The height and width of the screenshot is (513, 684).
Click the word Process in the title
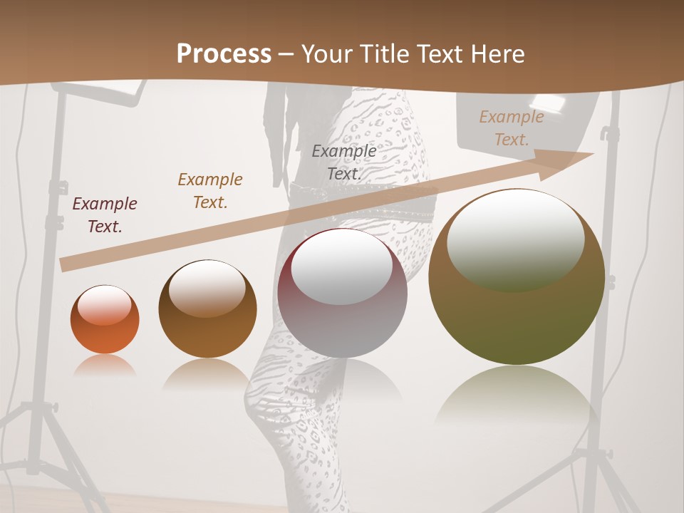224,54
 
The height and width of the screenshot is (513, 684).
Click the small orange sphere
105,320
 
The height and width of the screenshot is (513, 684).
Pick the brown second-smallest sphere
207,309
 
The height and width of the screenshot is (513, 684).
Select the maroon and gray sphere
343,294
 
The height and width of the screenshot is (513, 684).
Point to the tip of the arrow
592,154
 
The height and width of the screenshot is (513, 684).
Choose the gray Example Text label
344,162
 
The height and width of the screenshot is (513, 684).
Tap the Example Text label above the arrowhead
511,128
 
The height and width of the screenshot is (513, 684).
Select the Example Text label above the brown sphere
210,190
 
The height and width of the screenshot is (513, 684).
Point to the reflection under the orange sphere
105,365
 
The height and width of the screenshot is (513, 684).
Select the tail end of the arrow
64,265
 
